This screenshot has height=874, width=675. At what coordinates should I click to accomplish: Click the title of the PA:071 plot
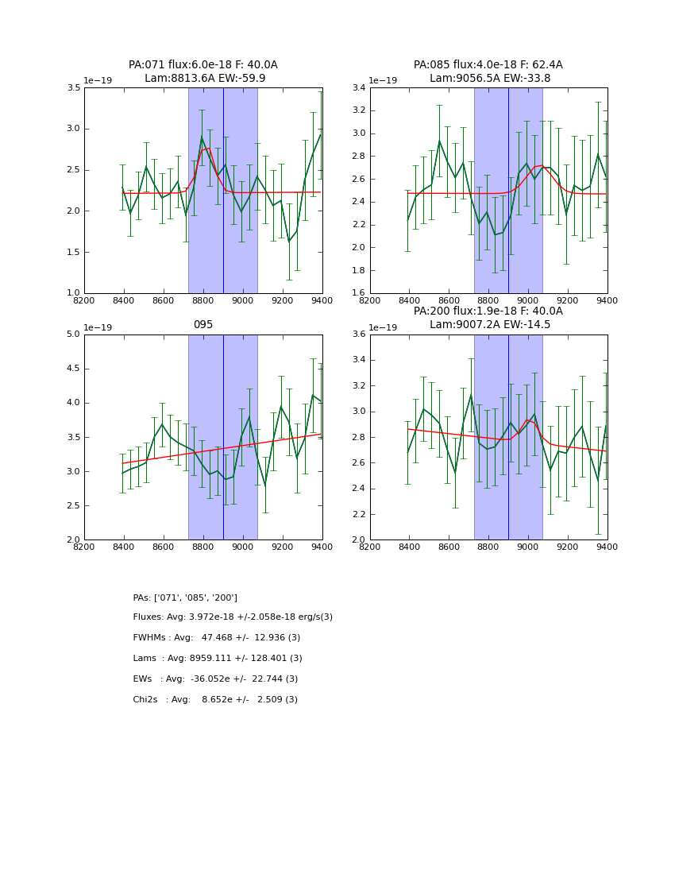point(203,72)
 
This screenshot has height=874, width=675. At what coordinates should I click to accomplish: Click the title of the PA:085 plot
point(488,72)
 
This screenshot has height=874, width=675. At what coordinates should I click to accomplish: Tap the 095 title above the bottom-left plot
point(203,325)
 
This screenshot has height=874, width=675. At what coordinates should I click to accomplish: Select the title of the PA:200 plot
point(488,318)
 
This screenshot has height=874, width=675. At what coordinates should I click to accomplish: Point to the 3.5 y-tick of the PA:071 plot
point(73,87)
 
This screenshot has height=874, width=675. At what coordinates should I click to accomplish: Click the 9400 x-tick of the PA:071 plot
point(322,300)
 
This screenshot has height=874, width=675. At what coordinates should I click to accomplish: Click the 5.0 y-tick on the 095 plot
point(73,335)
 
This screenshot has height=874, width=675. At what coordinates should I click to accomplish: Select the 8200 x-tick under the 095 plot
point(84,547)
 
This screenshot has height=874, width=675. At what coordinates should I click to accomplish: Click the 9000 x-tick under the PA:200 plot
point(528,547)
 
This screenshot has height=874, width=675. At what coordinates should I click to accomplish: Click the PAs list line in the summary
point(185,597)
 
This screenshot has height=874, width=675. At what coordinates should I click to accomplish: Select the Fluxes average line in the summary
point(233,617)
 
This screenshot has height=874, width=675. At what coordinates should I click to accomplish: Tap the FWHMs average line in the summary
point(217,638)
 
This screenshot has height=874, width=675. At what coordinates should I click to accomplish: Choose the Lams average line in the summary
point(218,659)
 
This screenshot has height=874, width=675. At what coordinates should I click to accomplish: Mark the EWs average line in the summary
point(215,679)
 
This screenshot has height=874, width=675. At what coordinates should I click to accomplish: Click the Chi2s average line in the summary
point(215,700)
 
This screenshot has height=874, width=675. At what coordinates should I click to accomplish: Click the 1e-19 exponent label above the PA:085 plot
point(384,81)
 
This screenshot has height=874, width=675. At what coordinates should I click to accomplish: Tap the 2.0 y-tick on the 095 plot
point(73,539)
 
